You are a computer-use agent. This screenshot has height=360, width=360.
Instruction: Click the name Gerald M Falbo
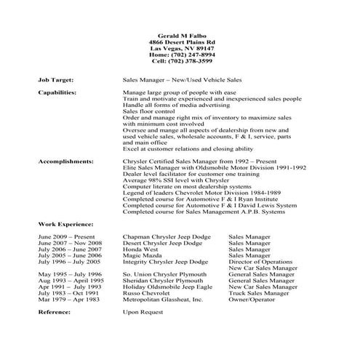click(180, 36)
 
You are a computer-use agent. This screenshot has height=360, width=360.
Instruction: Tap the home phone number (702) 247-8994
click(180, 55)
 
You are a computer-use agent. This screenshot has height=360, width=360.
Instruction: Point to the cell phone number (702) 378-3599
click(180, 62)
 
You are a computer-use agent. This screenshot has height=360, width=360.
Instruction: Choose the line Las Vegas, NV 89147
click(180, 49)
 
